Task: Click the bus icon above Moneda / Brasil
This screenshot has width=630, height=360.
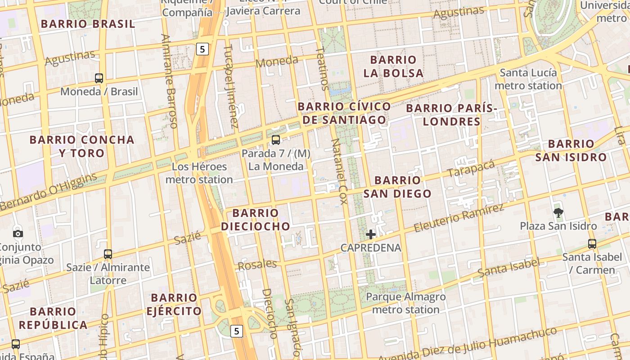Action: pyautogui.click(x=99, y=78)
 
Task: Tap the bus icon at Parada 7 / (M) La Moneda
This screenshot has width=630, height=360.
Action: pyautogui.click(x=276, y=140)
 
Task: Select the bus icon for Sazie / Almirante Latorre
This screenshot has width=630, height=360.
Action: pyautogui.click(x=108, y=254)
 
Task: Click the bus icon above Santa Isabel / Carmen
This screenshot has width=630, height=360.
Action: pyautogui.click(x=592, y=244)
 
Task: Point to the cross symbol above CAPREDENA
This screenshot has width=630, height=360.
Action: pyautogui.click(x=371, y=234)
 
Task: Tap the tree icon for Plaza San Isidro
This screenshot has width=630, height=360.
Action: pyautogui.click(x=558, y=212)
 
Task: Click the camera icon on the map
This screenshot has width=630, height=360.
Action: pyautogui.click(x=18, y=234)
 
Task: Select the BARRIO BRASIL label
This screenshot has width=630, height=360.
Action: pyautogui.click(x=88, y=24)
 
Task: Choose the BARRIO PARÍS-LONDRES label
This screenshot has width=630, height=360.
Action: pyautogui.click(x=452, y=115)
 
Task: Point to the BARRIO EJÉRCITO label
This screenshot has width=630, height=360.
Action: pyautogui.click(x=174, y=304)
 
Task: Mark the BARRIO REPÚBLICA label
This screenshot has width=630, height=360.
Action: pyautogui.click(x=53, y=318)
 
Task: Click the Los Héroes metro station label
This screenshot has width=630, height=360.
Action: pyautogui.click(x=199, y=173)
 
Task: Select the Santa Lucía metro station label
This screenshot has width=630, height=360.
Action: pyautogui.click(x=528, y=79)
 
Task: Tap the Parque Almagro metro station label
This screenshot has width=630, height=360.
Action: pyautogui.click(x=406, y=303)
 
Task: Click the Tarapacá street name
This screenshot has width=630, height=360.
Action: pyautogui.click(x=471, y=169)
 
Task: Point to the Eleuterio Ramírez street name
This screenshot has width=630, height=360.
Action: pyautogui.click(x=459, y=217)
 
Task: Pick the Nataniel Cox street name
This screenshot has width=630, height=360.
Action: pyautogui.click(x=340, y=171)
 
